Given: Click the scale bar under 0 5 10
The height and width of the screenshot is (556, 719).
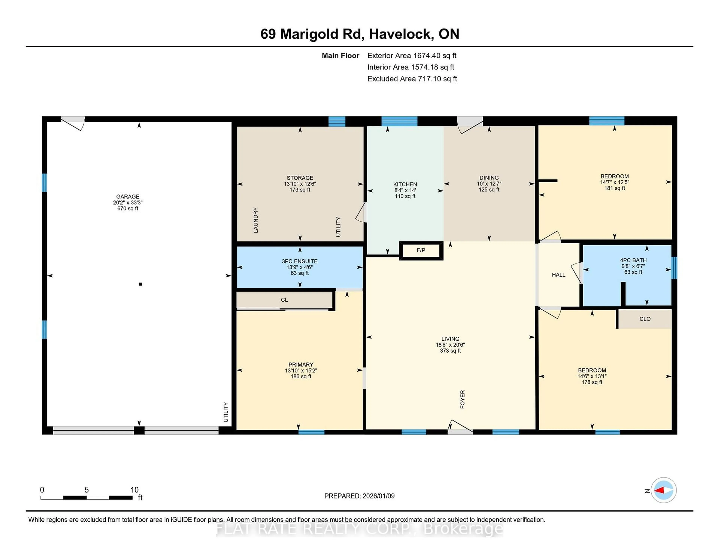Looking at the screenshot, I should point(87,498).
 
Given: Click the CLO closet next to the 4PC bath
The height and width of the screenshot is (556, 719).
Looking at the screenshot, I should point(645,319).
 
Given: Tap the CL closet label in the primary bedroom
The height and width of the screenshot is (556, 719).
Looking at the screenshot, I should point(284,300).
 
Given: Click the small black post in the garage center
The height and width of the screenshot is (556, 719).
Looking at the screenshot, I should point(141,284).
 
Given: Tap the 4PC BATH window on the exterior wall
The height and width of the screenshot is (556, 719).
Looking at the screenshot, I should point(674,268).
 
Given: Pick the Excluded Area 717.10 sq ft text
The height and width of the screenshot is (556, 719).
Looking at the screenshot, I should point(412,79).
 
